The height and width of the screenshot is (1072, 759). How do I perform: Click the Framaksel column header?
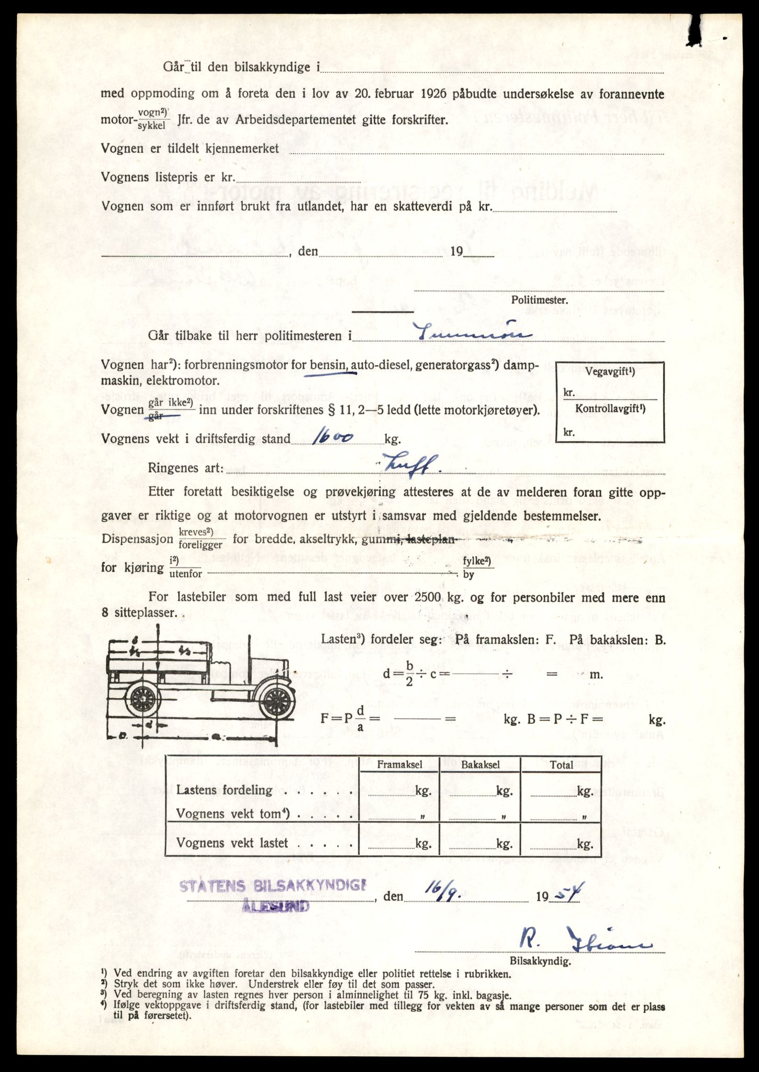[x=400, y=765]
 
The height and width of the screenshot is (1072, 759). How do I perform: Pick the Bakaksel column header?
[x=481, y=765]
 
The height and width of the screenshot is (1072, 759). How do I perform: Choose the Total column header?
[x=561, y=765]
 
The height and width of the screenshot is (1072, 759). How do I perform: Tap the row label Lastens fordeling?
[x=225, y=790]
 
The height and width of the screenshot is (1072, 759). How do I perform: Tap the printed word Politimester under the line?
[x=539, y=300]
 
